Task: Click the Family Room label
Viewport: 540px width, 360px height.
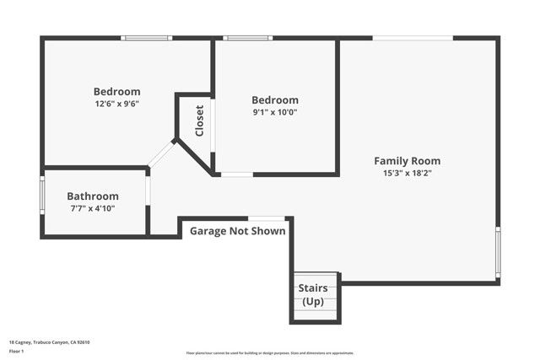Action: (407, 160)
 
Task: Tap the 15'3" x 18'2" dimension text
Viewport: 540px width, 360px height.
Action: (407, 173)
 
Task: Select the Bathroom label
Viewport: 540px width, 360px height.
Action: (93, 196)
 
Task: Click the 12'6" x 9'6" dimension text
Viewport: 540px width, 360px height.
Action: (116, 104)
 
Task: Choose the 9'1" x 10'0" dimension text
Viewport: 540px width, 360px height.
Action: (275, 111)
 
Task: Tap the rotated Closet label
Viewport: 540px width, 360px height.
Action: (199, 121)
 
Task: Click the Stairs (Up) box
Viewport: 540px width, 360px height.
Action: (314, 296)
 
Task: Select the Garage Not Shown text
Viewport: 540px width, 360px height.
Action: (237, 230)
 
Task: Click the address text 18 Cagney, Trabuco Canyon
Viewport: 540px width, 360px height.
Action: (49, 341)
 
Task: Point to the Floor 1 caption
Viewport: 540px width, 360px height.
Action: (17, 352)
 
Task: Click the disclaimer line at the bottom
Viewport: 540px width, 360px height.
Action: (270, 352)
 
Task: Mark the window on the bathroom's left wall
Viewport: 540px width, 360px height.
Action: (42, 202)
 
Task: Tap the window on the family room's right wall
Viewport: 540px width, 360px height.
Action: (498, 251)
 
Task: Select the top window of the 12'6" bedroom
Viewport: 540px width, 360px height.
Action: (147, 38)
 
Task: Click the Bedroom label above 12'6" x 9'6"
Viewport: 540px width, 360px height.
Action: (116, 91)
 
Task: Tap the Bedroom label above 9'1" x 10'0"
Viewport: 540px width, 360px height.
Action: (275, 99)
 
